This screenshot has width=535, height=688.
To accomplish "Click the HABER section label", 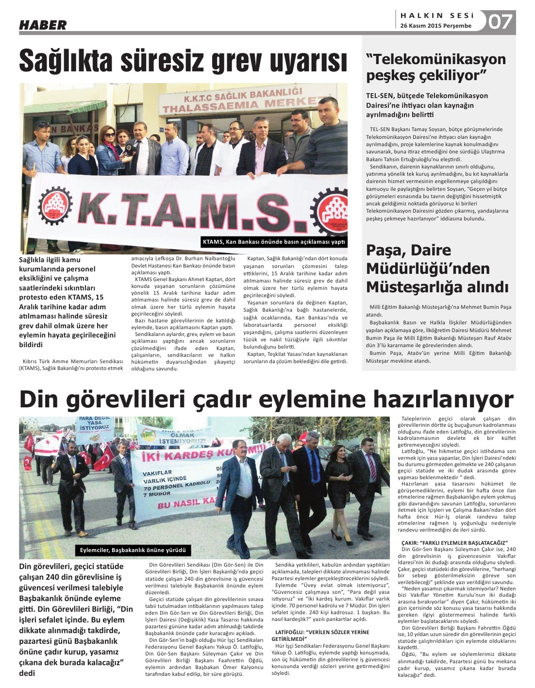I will click(x=43, y=25).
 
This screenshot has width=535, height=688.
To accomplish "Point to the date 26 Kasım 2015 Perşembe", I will click(x=435, y=26).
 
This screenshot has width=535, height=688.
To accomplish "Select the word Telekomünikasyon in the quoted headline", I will click(x=436, y=59).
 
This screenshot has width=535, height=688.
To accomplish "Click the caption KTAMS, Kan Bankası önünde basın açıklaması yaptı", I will click(x=273, y=242).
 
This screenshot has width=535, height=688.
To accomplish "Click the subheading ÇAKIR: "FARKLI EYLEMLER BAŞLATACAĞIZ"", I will click(x=454, y=542).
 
